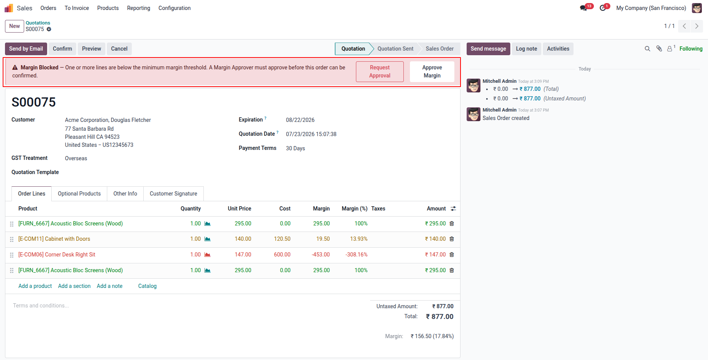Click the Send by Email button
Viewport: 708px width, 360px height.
point(26,49)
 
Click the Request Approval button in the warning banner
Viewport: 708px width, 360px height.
point(380,72)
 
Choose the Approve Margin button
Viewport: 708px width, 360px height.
point(432,72)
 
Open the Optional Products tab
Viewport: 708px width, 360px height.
point(79,194)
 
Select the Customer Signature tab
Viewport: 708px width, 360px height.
point(174,194)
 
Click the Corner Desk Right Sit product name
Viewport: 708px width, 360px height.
point(57,255)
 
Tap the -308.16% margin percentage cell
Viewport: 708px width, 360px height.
point(356,255)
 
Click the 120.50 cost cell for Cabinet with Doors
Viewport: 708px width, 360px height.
point(282,239)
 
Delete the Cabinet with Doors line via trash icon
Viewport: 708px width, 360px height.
point(452,239)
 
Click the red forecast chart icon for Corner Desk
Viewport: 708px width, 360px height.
point(207,255)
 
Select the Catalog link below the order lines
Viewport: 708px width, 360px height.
point(147,286)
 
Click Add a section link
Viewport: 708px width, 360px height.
point(74,286)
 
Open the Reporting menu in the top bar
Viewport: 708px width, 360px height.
point(139,8)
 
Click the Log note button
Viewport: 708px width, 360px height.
point(526,49)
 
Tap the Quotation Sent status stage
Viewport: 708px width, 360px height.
point(395,49)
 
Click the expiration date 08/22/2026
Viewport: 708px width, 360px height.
point(300,120)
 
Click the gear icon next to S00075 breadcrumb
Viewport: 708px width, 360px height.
point(49,29)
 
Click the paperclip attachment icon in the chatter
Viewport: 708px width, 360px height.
point(659,49)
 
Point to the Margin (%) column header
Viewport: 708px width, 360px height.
point(354,209)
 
